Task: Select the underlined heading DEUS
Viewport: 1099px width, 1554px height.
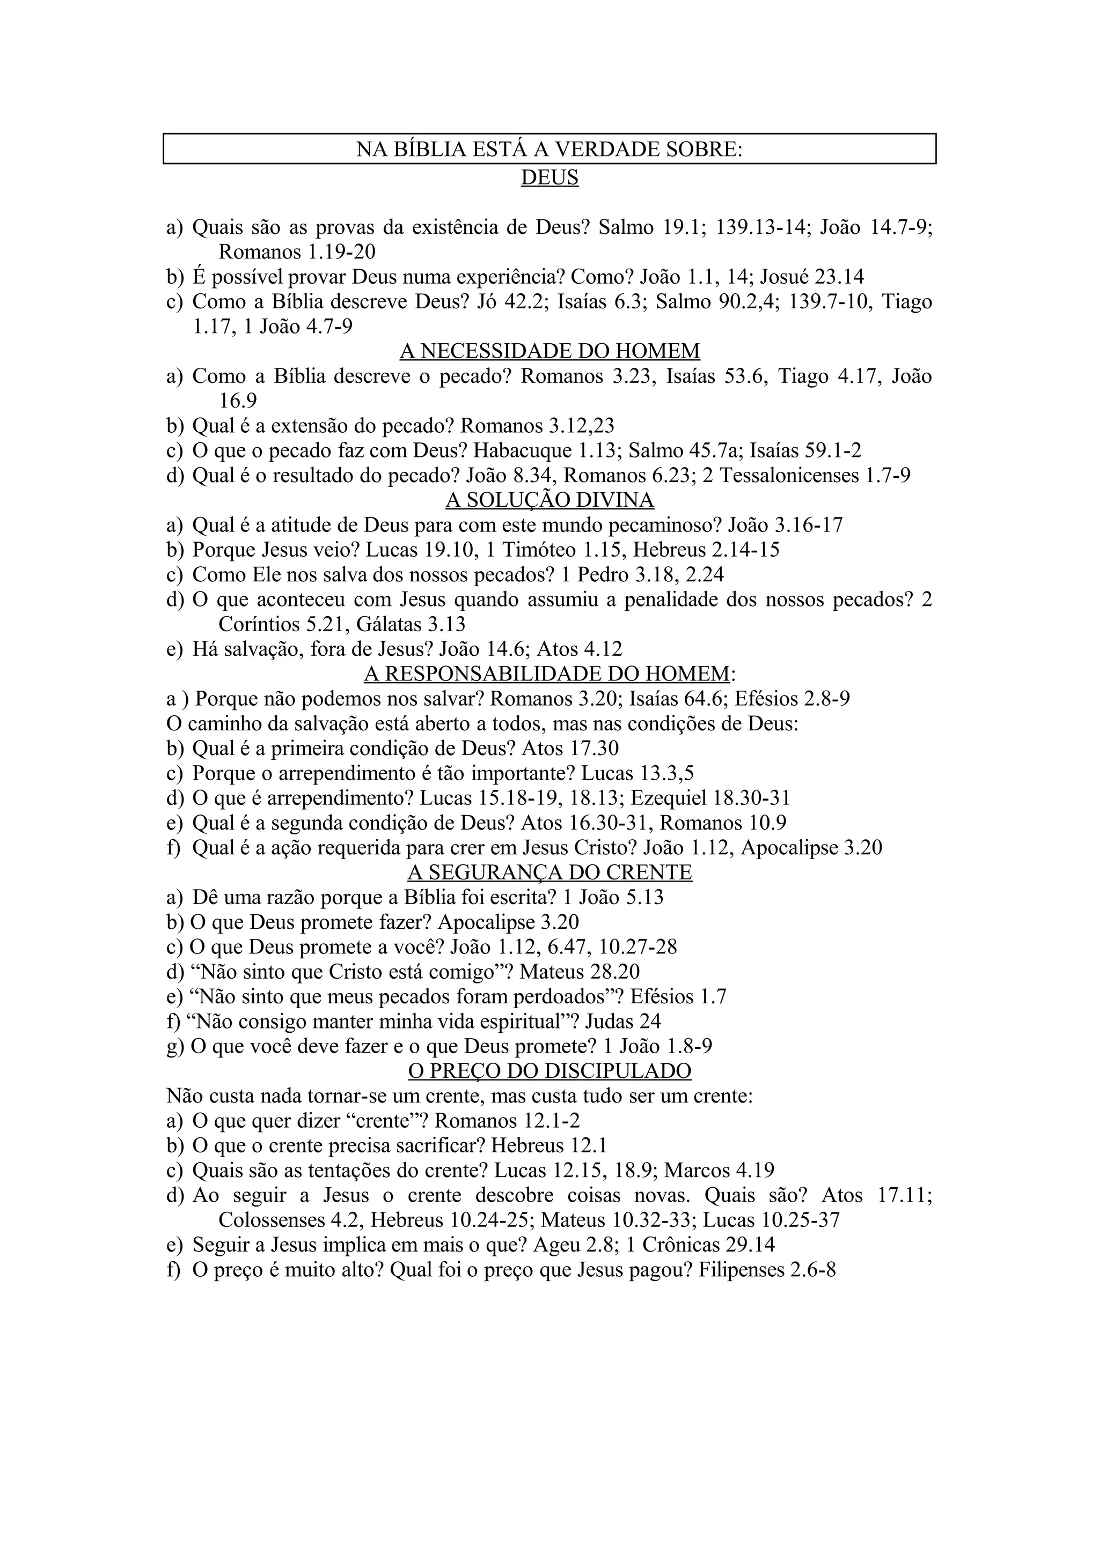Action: [x=549, y=178]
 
